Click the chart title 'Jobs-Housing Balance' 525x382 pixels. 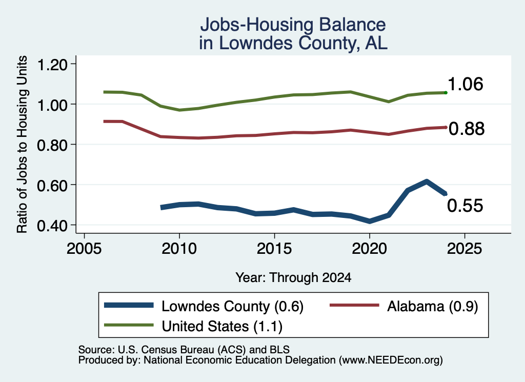tap(293, 25)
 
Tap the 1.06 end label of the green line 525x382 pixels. tap(465, 84)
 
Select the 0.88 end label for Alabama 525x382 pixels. tap(467, 129)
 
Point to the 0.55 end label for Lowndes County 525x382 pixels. tap(465, 206)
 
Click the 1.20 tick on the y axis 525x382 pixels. tap(52, 65)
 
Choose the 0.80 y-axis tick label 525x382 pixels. tap(52, 145)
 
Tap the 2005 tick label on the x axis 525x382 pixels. tap(84, 249)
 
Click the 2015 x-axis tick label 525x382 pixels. tap(274, 249)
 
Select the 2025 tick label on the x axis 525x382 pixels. tap(465, 249)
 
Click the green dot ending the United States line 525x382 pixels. tap(446, 92)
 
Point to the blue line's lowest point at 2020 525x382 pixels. tap(370, 221)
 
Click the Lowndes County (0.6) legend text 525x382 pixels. tap(232, 306)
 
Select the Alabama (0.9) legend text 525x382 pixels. tap(433, 306)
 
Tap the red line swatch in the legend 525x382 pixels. tap(355, 305)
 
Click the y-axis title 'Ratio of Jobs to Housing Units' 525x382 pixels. tap(22, 144)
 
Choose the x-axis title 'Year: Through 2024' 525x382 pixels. tap(293, 277)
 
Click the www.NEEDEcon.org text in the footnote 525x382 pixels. tap(391, 360)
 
